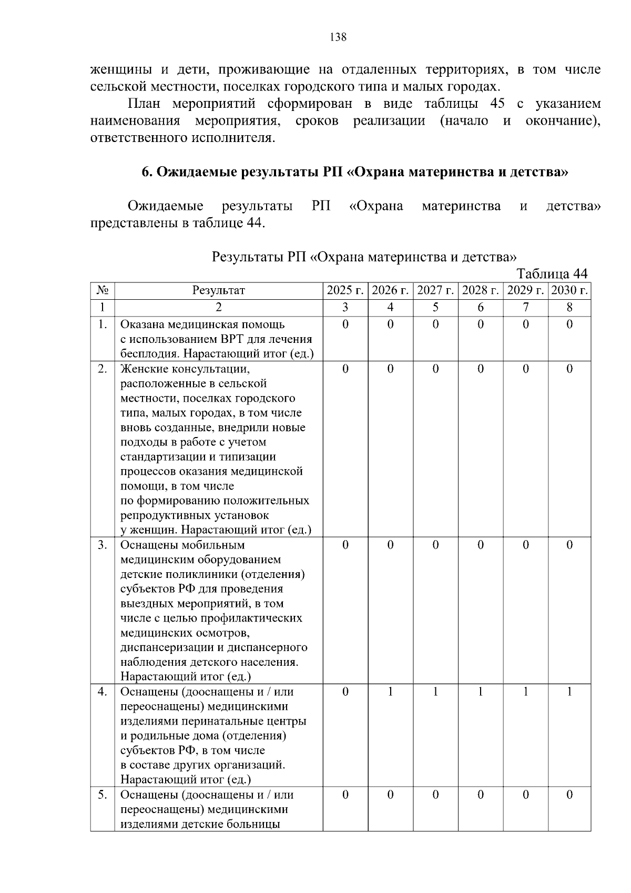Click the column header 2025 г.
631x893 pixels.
tap(345, 290)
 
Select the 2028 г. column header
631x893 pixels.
tap(480, 290)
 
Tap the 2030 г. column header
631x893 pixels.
tap(569, 290)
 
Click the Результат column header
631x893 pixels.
tap(218, 290)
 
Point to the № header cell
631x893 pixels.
tap(103, 290)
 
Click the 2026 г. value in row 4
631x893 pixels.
tap(390, 692)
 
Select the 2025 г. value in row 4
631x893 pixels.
tap(345, 692)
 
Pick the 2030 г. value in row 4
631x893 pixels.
tap(569, 692)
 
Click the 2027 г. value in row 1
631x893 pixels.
tap(435, 324)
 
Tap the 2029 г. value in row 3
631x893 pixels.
tap(525, 545)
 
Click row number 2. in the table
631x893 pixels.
tap(103, 369)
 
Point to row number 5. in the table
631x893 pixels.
tap(103, 795)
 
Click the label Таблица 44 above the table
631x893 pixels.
tap(552, 274)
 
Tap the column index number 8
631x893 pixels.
tap(569, 307)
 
